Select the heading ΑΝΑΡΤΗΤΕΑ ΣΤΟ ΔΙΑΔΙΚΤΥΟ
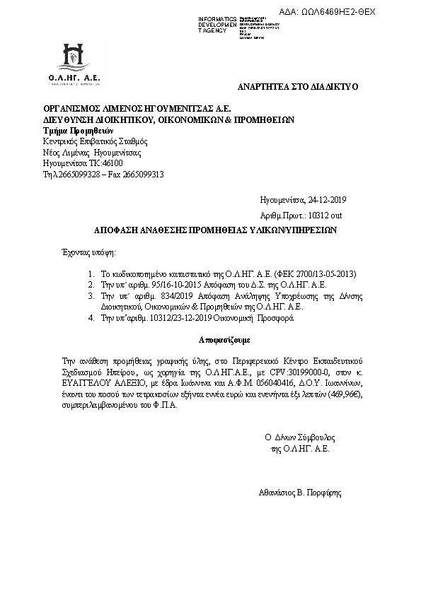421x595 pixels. click(298, 86)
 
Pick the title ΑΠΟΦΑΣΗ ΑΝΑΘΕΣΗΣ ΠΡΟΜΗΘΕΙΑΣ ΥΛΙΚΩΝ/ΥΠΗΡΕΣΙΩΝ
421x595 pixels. click(217, 230)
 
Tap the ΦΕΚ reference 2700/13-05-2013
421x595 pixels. click(322, 273)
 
